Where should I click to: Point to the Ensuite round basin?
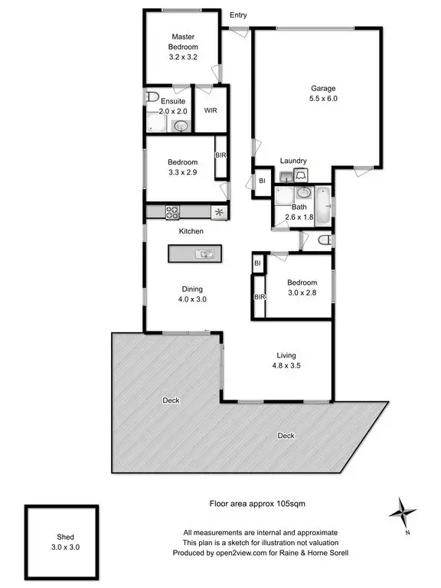181,126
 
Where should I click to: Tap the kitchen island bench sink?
204,253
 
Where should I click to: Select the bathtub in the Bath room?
324,206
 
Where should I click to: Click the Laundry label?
293,161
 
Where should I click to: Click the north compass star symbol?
403,511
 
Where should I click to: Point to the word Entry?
238,15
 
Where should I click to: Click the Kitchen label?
191,230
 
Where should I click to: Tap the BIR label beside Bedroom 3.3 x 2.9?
220,155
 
